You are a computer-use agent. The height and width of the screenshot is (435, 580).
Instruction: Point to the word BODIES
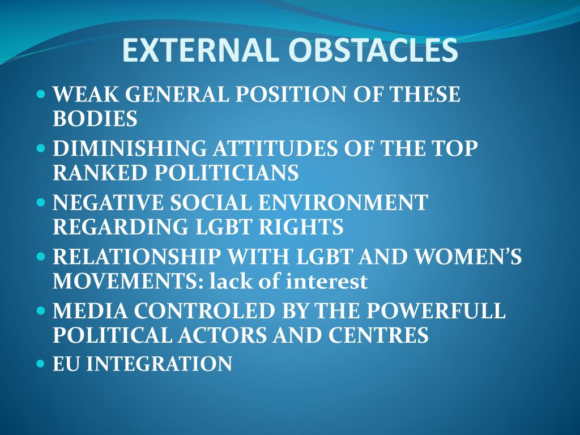[x=95, y=119]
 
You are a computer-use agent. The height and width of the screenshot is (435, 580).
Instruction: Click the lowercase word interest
[x=327, y=282]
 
